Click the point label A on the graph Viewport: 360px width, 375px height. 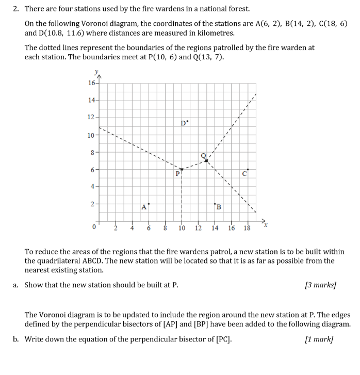point(144,207)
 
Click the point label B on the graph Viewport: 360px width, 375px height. point(219,207)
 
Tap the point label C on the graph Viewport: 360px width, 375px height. point(244,174)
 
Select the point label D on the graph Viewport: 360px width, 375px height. point(184,123)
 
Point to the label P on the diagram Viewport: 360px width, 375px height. point(177,174)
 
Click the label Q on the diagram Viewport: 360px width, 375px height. point(203,155)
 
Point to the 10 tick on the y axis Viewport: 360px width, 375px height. point(91,135)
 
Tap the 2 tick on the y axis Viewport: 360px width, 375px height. point(92,204)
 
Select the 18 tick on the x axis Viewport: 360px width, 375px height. point(247,227)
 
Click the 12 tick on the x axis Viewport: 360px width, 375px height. point(198,227)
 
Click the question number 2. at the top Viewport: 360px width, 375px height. point(16,9)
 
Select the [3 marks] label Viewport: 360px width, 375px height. point(320,284)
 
